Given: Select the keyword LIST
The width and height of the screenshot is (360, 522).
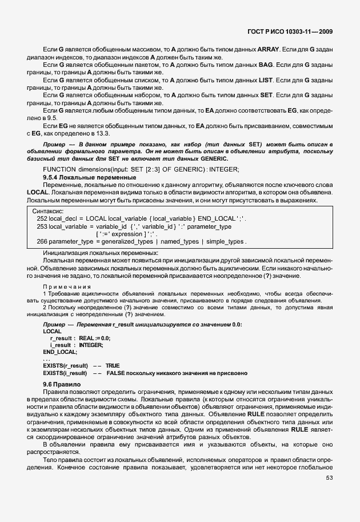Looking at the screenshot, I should [267, 81].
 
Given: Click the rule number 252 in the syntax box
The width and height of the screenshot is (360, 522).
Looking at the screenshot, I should [42, 219].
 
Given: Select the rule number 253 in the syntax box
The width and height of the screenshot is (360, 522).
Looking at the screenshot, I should [42, 227].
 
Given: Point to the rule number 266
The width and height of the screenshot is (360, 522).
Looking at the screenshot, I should [42, 242].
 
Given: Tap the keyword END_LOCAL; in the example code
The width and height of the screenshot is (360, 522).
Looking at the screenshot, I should [60, 352].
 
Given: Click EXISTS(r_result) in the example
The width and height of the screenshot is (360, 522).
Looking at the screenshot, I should [65, 365].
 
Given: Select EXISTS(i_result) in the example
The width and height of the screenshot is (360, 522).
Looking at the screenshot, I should [65, 373].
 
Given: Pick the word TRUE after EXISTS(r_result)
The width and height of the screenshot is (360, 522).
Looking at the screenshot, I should [113, 365].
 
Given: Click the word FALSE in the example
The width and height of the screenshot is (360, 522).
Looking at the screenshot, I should [117, 373].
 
